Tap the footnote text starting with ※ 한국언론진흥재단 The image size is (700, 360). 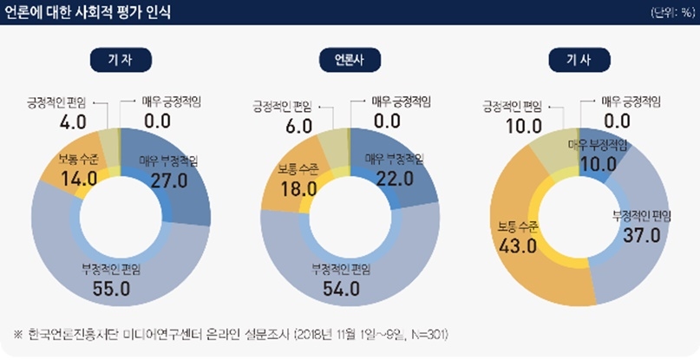pyautogui.click(x=230, y=334)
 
